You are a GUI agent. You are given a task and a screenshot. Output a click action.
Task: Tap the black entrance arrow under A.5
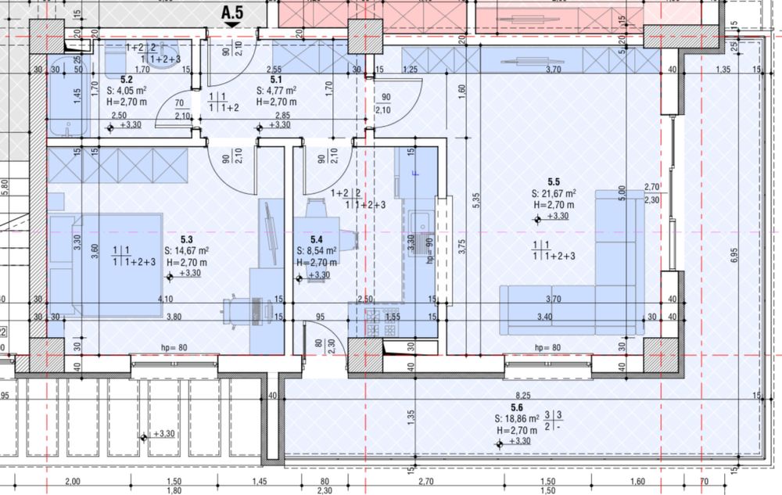(232, 25)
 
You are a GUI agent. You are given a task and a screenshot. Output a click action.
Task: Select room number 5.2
(127, 80)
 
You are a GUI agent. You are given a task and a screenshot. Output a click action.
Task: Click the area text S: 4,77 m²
(276, 91)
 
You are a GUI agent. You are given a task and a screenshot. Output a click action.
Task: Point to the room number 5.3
(187, 240)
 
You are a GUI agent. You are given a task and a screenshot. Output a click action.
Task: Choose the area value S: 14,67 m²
(186, 251)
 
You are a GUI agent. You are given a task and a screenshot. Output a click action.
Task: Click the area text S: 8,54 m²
(317, 251)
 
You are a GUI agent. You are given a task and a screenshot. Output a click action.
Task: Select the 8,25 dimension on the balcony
(523, 396)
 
